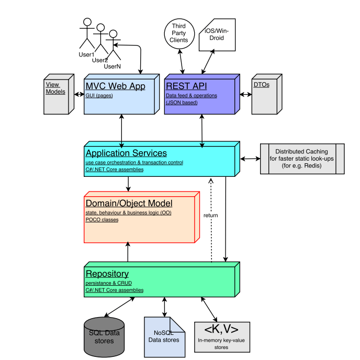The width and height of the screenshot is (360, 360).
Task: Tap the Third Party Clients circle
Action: (x=179, y=33)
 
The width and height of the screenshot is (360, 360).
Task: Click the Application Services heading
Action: (x=126, y=153)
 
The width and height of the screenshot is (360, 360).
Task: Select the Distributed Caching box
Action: (x=301, y=158)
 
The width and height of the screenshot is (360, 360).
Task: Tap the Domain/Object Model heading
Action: (x=129, y=203)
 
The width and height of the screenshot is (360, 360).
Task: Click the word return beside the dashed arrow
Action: (x=210, y=215)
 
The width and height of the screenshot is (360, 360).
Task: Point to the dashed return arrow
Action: (x=211, y=235)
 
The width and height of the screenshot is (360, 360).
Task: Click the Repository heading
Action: (x=107, y=274)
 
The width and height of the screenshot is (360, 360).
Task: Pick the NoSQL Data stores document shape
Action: (x=164, y=336)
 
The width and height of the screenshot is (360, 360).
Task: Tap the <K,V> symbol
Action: (x=221, y=329)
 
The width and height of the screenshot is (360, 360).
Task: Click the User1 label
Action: (x=86, y=54)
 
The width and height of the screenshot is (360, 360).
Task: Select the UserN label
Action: (x=112, y=66)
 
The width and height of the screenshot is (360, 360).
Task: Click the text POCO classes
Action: (x=102, y=220)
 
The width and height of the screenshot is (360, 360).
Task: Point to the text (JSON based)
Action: (x=182, y=103)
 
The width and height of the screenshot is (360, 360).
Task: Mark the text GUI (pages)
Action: (x=99, y=96)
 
